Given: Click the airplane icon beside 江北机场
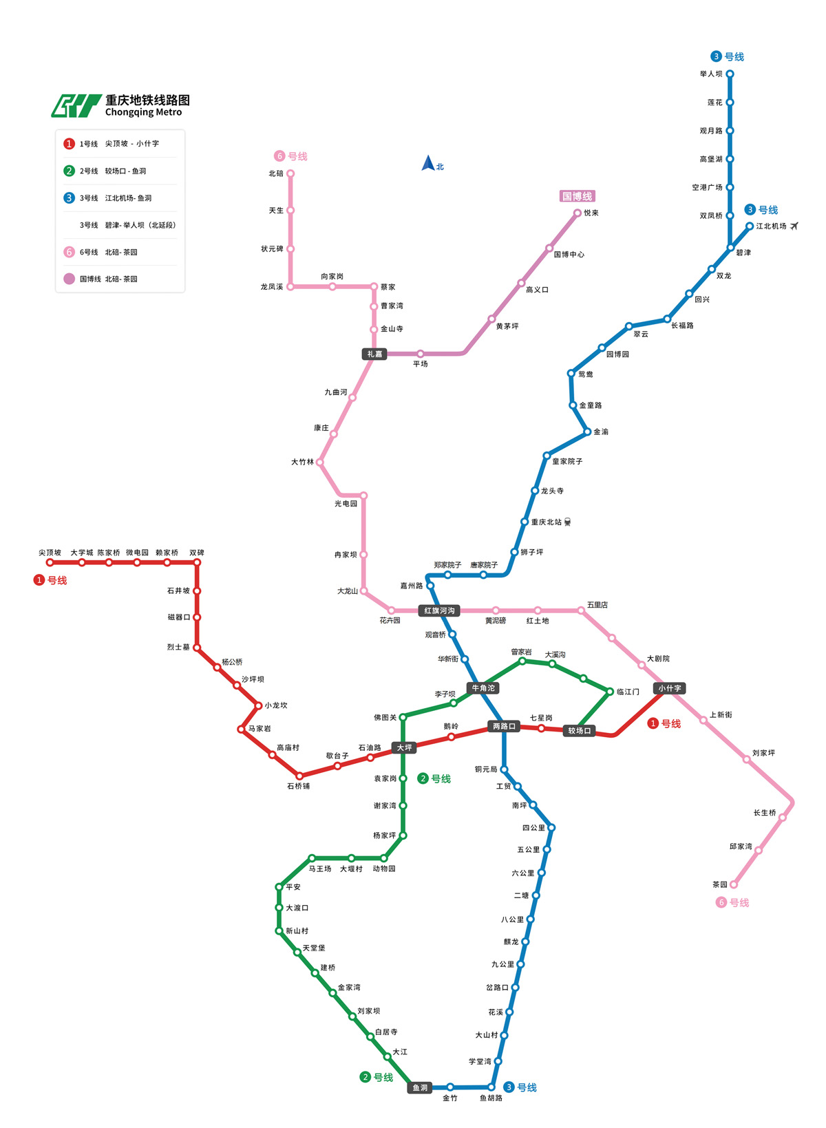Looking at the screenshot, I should point(794,226).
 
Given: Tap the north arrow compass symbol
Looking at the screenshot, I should point(428,164).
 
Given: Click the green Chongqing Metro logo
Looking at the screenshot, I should point(76,106).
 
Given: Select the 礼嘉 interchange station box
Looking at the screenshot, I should point(374,354).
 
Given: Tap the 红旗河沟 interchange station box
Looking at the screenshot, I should point(439,610).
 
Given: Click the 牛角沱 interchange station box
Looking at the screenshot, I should point(483,688).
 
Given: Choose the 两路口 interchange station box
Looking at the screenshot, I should point(504,726).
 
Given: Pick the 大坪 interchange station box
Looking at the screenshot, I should point(404,747).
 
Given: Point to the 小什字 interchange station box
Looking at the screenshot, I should point(669,688).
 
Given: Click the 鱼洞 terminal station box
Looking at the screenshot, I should point(420,1087).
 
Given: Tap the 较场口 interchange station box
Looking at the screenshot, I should point(580,730).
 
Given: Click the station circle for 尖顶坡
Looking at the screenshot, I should point(50,562).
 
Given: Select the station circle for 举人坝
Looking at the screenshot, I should point(730,74).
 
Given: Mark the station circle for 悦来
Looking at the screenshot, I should point(578,213).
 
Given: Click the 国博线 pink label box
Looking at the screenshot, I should point(577,196).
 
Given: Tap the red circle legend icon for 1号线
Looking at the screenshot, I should point(69,144).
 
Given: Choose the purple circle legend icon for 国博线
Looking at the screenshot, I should point(69,279).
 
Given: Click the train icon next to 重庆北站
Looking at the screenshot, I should point(568,522).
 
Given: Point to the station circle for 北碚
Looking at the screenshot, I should point(290,173).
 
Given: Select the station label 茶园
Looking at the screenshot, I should point(720,884).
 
